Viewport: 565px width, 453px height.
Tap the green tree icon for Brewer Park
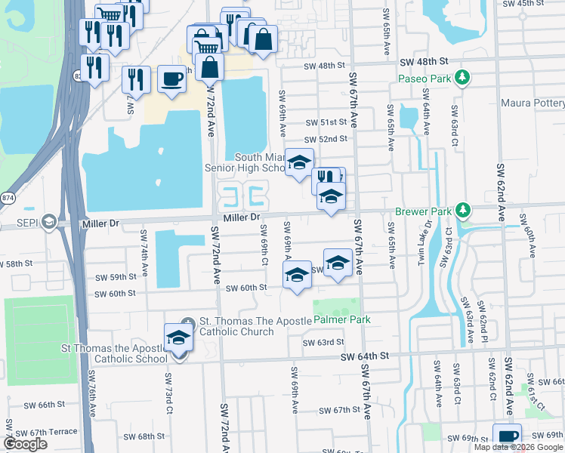(x=467, y=209)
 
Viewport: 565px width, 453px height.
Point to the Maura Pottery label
(x=532, y=102)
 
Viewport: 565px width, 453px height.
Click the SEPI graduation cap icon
(x=50, y=221)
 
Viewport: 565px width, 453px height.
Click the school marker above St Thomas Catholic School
(x=179, y=337)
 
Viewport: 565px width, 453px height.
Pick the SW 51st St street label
(x=326, y=122)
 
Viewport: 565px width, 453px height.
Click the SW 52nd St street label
(x=326, y=139)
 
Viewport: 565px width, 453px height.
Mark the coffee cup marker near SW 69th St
(x=507, y=436)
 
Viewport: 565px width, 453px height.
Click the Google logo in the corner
(x=26, y=444)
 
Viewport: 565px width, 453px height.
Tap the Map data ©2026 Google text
(x=518, y=447)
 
